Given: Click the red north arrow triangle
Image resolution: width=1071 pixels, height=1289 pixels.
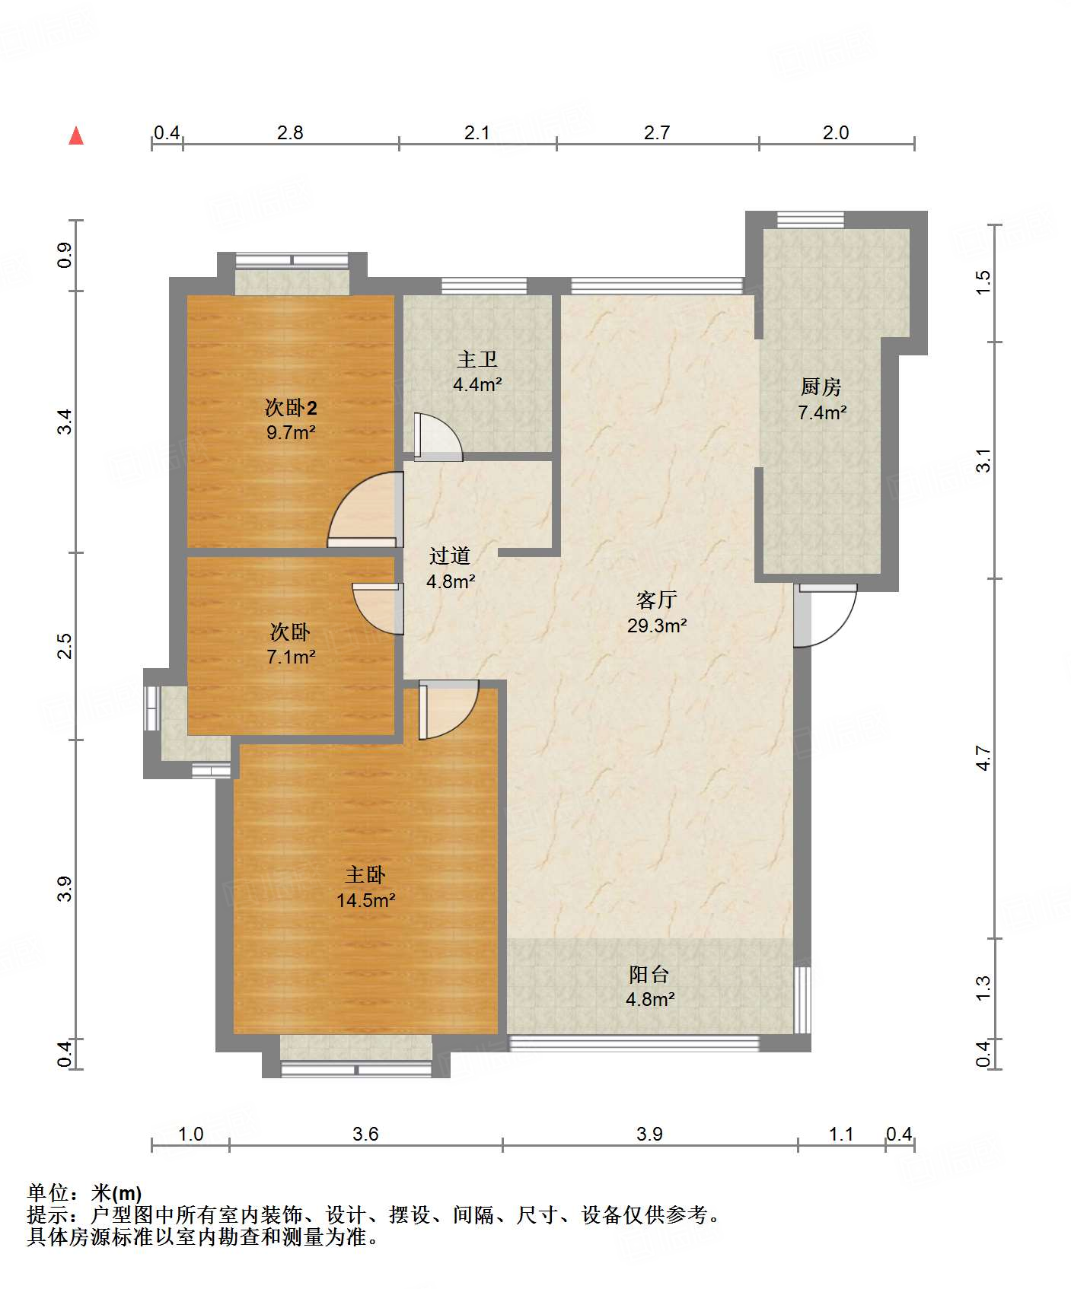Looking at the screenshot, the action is point(76,135).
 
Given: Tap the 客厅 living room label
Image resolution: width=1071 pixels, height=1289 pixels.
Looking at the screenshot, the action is point(656,600).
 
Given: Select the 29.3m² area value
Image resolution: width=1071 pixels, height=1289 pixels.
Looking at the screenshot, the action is point(657,625).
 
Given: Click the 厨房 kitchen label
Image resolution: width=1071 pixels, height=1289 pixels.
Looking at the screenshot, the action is point(821,387).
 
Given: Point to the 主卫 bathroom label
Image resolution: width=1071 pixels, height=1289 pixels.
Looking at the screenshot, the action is point(477,359).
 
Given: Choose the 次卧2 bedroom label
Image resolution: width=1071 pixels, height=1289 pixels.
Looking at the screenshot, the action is point(291,408).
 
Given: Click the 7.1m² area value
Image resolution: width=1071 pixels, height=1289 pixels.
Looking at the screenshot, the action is point(291,657).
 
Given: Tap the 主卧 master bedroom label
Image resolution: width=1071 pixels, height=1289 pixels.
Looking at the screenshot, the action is point(365,875).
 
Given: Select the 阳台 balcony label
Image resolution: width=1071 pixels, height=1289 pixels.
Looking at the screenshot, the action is point(649,974).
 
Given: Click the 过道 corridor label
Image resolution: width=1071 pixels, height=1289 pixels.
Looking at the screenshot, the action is point(450,556).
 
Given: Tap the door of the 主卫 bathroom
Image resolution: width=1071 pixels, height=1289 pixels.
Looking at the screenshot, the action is point(438,437).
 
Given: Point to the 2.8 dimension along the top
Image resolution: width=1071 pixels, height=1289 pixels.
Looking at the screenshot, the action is point(290,133).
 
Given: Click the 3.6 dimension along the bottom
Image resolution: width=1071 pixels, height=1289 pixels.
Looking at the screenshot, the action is point(365,1135).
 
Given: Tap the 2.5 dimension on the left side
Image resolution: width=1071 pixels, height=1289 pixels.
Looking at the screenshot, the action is point(65,646).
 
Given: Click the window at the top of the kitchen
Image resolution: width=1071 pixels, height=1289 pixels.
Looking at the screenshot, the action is point(811,220).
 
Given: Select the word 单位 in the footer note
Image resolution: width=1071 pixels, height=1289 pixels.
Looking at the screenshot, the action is point(48,1193).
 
